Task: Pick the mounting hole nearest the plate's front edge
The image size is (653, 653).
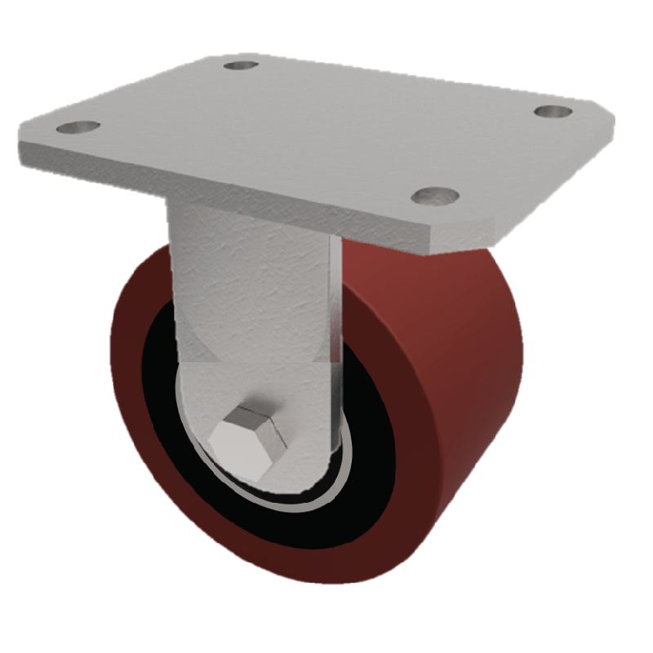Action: (433, 195)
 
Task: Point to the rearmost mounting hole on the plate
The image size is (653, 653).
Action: (241, 64)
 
